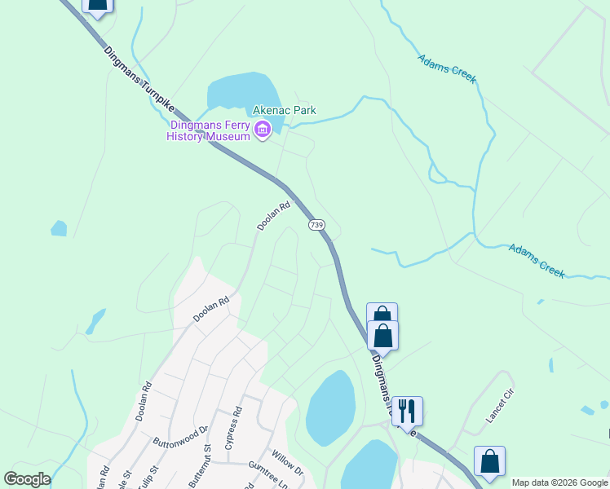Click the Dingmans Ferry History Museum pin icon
tap(263, 130)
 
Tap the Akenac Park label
tap(284, 110)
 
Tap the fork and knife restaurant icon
tap(407, 410)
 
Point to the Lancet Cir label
tap(502, 406)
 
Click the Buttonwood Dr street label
tap(181, 434)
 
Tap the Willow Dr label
tap(288, 465)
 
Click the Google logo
tap(27, 479)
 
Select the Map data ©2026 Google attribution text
tap(560, 482)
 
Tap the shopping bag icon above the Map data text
tap(489, 460)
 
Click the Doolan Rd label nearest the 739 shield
tap(274, 217)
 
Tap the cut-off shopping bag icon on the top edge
tap(97, 7)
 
